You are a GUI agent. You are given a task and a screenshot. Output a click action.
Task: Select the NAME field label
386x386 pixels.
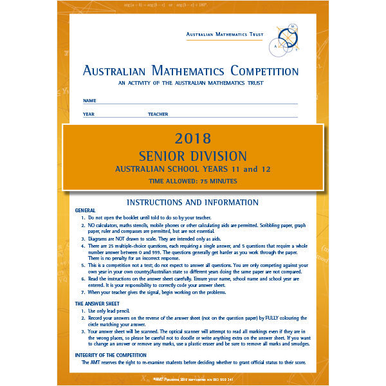pyautogui.click(x=89, y=101)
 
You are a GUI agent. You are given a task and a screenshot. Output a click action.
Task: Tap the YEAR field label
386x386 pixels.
pyautogui.click(x=89, y=115)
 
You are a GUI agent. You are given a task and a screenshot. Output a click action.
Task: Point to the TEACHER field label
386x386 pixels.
pyautogui.click(x=158, y=115)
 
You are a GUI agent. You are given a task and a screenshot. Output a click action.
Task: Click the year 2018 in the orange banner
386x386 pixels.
pyautogui.click(x=192, y=138)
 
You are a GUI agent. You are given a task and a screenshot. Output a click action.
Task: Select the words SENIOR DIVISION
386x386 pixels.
pyautogui.click(x=192, y=156)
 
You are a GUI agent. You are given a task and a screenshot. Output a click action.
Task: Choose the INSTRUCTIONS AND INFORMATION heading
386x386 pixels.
pyautogui.click(x=192, y=201)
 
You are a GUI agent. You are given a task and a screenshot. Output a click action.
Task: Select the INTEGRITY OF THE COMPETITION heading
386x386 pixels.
pyautogui.click(x=112, y=355)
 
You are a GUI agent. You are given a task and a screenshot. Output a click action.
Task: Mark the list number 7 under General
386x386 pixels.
pyautogui.click(x=83, y=293)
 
